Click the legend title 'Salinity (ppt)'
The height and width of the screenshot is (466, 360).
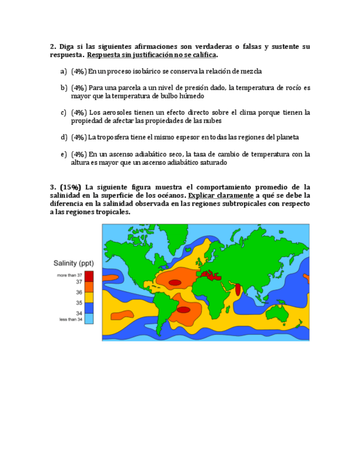73,263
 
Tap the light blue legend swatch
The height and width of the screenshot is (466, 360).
89,318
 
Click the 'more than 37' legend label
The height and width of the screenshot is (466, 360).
69,275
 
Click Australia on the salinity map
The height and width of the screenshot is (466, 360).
277,312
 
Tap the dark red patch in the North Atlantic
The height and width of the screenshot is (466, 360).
175,282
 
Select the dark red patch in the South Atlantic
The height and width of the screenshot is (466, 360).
183,310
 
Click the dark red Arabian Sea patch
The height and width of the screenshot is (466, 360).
237,289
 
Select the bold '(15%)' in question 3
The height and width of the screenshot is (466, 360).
70,187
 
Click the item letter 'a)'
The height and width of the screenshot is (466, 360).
63,71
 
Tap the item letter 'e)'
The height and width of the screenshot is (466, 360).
63,154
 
